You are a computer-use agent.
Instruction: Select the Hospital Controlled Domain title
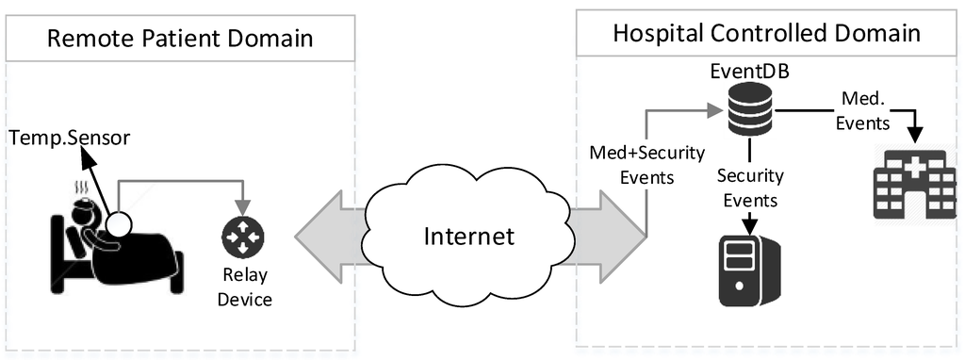click(765, 34)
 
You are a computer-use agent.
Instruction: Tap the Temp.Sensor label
click(70, 139)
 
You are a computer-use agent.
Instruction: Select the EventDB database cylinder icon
click(749, 111)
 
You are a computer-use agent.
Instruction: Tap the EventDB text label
click(750, 72)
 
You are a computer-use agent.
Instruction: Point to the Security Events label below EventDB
click(750, 188)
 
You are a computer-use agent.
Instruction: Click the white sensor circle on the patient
click(119, 225)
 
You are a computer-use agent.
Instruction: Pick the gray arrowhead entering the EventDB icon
click(715, 111)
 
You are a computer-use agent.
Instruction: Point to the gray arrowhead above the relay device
click(244, 208)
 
